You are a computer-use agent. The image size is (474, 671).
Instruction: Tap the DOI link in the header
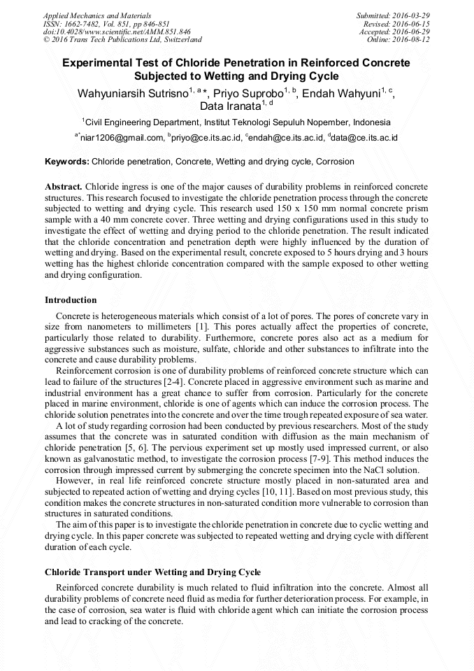pos(117,31)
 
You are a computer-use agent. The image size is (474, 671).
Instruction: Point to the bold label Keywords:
pos(67,162)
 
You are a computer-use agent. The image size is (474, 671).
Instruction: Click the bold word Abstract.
pos(64,188)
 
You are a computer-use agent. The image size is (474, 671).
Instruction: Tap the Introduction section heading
pos(71,300)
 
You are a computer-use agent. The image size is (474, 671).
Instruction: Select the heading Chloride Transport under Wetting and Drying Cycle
pos(152,572)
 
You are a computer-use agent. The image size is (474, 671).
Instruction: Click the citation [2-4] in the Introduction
pos(173,381)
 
